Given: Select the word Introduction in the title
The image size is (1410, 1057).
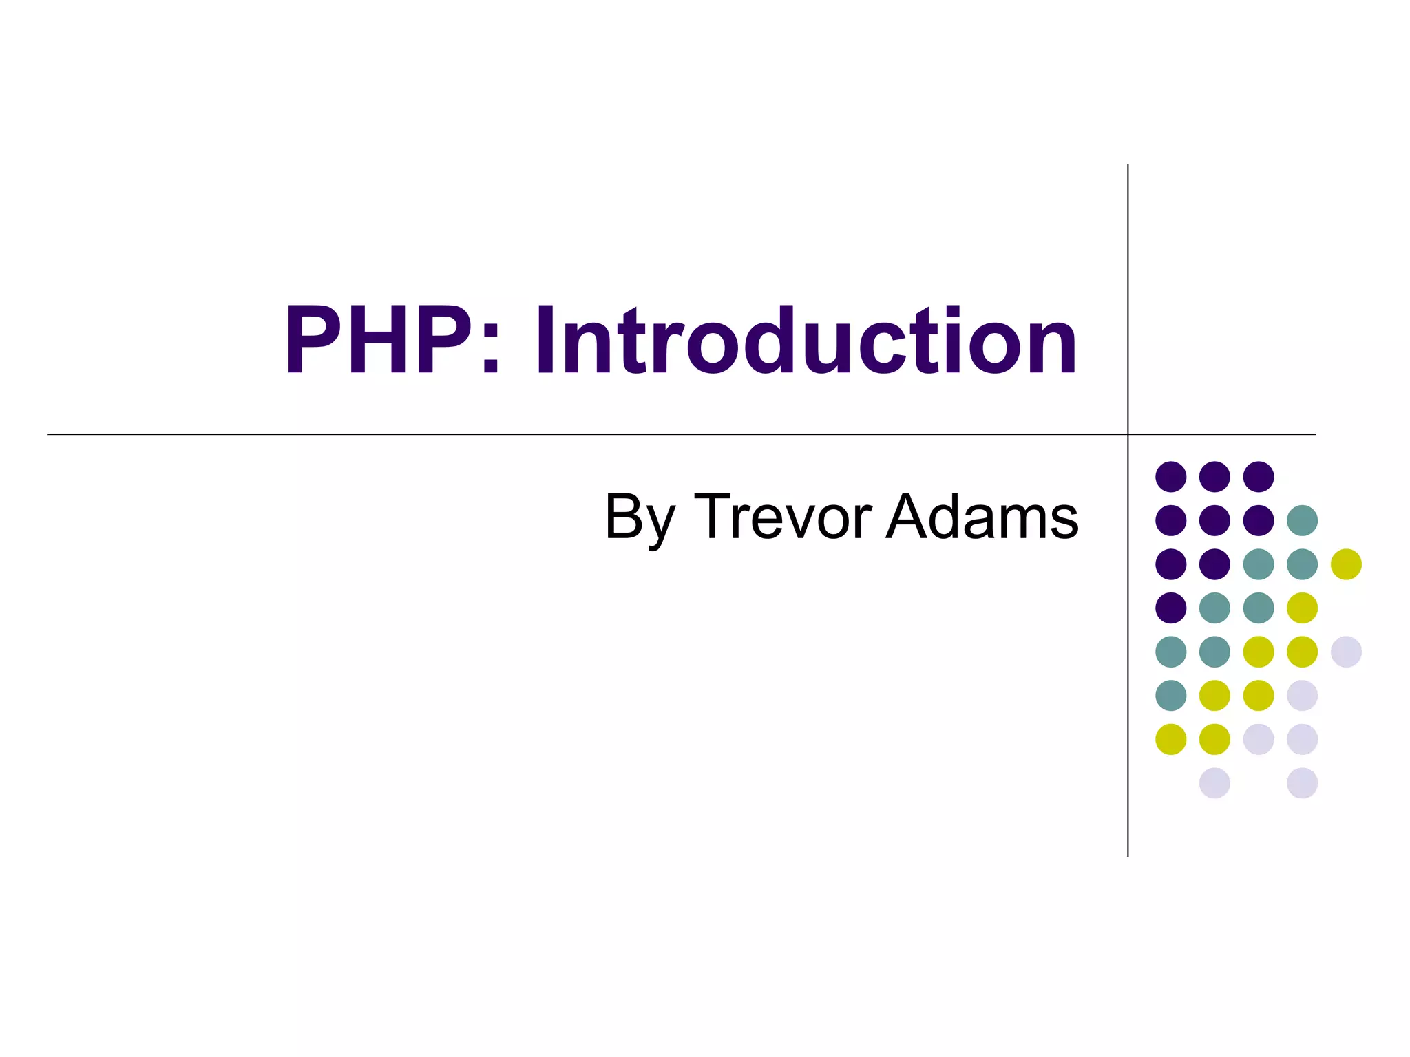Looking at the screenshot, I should click(x=806, y=341).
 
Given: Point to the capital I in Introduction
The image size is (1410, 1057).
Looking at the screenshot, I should click(x=545, y=341).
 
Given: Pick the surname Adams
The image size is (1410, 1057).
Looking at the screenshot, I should click(x=982, y=516).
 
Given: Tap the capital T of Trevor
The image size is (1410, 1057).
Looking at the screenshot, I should click(x=713, y=516).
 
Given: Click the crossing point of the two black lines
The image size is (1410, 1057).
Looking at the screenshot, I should click(x=1128, y=434).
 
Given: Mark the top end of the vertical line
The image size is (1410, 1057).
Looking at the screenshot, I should click(x=1128, y=167).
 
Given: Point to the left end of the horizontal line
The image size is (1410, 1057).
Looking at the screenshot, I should click(x=49, y=434).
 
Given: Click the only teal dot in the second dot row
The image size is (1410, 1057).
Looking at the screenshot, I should click(x=1302, y=520).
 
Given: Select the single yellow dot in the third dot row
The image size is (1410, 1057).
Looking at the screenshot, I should click(x=1346, y=564).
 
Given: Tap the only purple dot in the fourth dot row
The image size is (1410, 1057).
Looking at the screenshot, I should click(x=1170, y=608).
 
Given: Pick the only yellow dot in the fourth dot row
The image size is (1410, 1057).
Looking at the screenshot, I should click(x=1302, y=608).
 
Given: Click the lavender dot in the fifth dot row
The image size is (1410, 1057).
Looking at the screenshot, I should click(x=1346, y=652).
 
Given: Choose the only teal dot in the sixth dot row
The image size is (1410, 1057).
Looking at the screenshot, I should click(x=1170, y=695).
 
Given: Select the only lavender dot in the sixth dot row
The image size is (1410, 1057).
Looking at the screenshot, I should click(x=1302, y=695).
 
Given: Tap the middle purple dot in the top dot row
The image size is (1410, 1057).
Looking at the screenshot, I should click(x=1214, y=476).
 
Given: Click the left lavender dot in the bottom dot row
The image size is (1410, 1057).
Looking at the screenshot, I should click(x=1214, y=783).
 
